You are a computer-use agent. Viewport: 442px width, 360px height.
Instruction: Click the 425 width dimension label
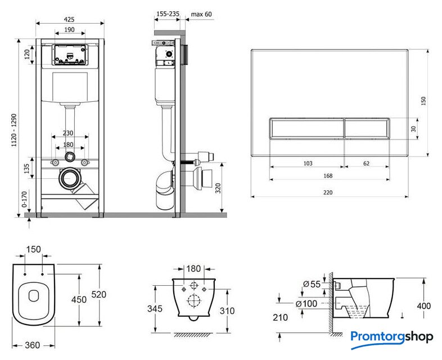point(70,19)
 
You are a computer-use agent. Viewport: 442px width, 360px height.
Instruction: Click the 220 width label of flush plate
point(328,192)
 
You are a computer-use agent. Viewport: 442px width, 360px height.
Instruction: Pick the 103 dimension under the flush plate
point(308,163)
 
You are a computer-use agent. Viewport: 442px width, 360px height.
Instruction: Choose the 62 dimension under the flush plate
point(366,163)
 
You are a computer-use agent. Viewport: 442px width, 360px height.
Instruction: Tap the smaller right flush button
point(367,129)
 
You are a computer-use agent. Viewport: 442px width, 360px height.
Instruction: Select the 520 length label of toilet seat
point(99,294)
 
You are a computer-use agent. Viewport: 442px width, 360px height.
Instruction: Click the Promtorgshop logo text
point(392,337)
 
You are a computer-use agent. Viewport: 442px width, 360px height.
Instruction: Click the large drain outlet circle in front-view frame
point(70,179)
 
